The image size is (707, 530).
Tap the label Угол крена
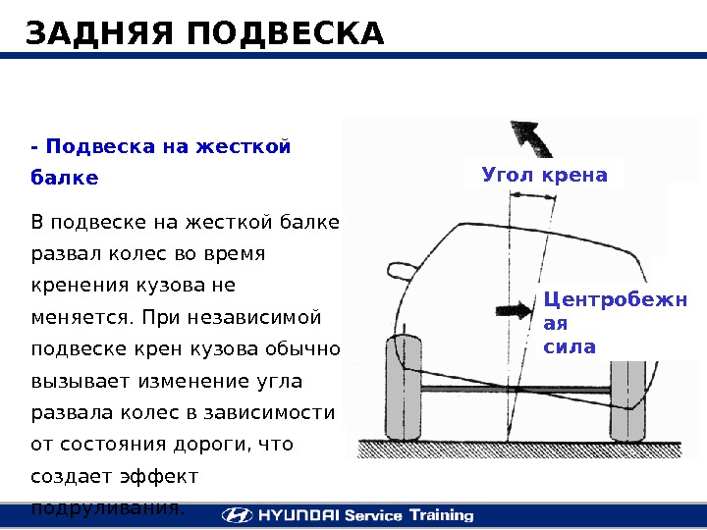[545, 176]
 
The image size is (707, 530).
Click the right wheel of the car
[628, 397]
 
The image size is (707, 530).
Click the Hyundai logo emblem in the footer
[236, 515]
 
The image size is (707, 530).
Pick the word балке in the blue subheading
[65, 179]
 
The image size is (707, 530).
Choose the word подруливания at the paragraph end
[106, 508]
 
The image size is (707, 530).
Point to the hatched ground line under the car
[520, 447]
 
